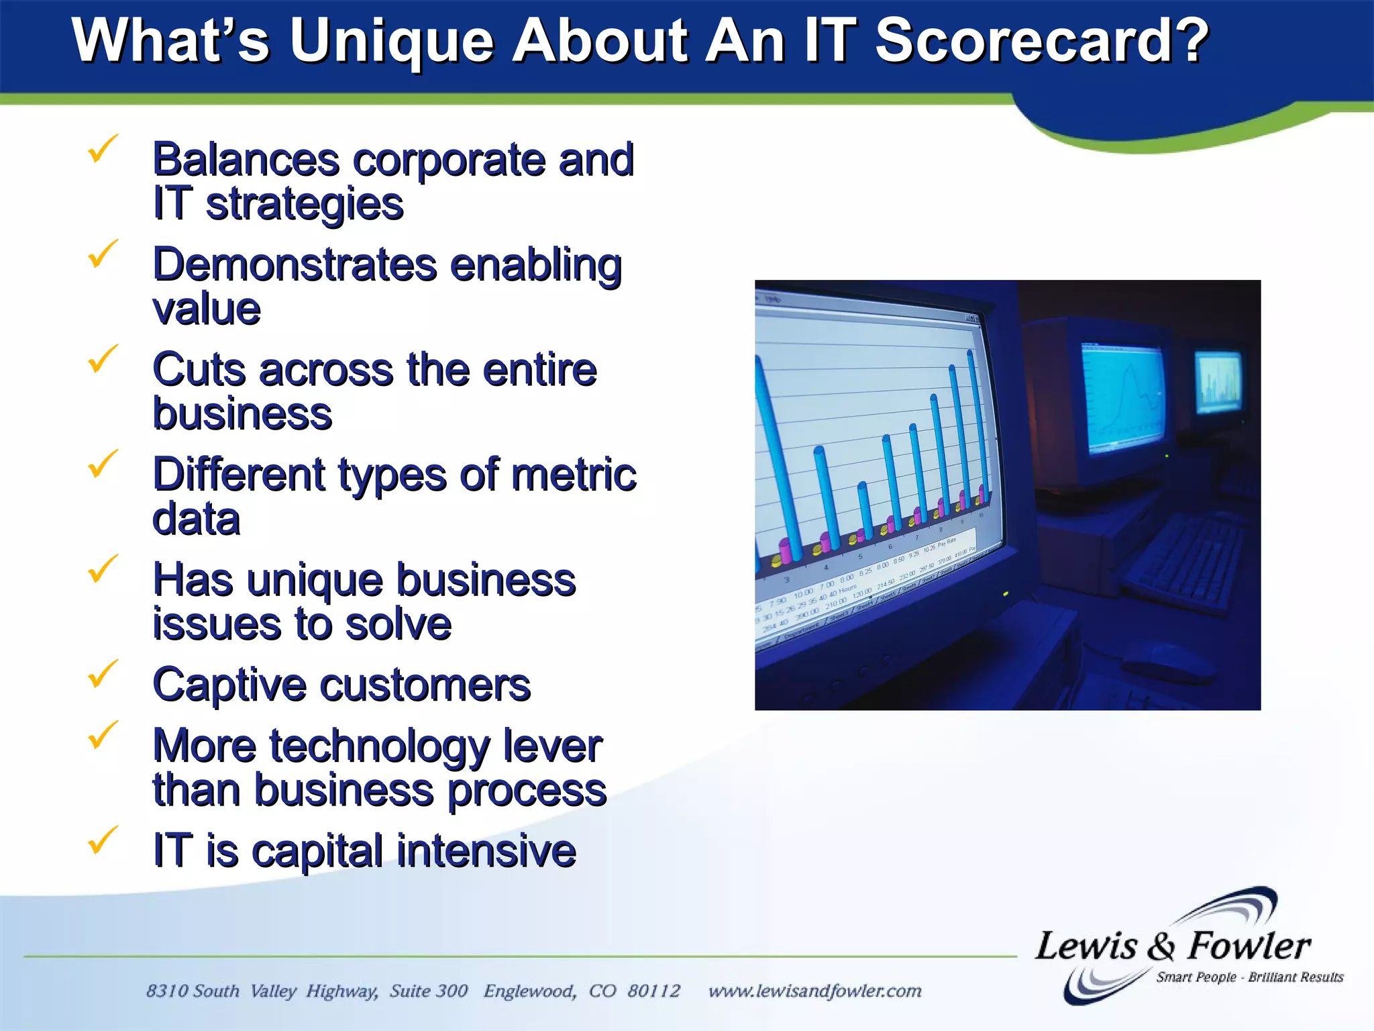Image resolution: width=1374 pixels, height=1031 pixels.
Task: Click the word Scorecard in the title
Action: click(x=1040, y=42)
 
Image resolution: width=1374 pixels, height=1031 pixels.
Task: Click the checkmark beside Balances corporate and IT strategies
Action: click(x=102, y=148)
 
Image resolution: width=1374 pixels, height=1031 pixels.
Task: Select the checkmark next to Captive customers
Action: click(x=102, y=674)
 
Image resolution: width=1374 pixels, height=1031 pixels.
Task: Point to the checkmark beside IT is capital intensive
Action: click(x=102, y=840)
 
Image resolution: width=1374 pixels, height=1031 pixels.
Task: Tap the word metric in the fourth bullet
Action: click(x=574, y=475)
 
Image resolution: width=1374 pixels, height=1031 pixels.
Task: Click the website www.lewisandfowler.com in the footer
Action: click(x=814, y=991)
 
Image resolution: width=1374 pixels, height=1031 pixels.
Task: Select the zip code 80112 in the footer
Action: click(x=653, y=991)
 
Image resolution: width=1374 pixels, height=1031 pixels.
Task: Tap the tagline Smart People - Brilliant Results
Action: click(x=1249, y=977)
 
